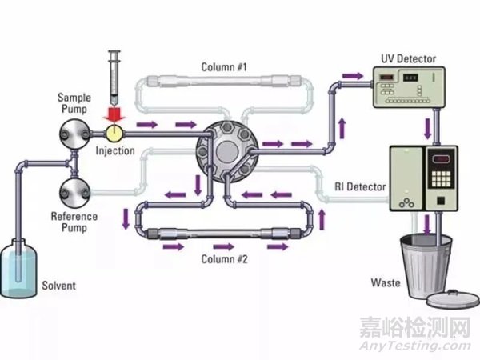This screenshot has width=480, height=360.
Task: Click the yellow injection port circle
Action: click(114, 130)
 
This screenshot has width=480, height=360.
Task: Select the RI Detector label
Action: click(361, 186)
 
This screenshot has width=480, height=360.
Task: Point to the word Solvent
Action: click(60, 285)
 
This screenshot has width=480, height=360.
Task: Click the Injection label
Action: click(114, 151)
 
